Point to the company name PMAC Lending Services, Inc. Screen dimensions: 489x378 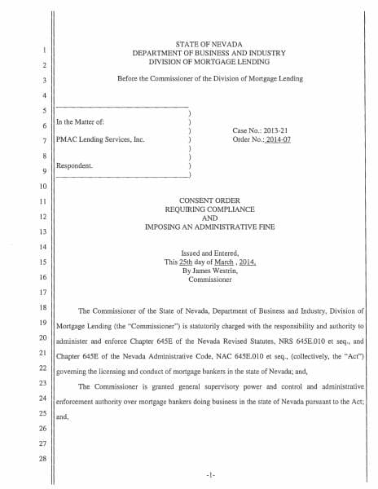coord(100,139)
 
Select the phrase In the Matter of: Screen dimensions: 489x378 coord(80,123)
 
